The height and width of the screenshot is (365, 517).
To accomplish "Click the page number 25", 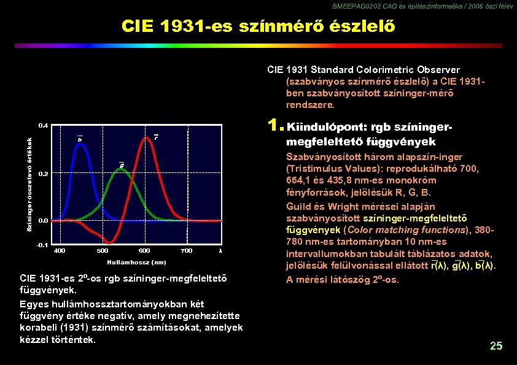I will (x=496, y=347).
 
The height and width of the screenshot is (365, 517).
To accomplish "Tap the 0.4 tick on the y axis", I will (x=43, y=125).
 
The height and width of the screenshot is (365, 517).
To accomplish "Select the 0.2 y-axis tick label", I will (x=43, y=174).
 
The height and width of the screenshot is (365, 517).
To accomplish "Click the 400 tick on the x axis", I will (x=60, y=250).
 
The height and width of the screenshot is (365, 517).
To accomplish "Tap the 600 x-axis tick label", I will (x=144, y=250).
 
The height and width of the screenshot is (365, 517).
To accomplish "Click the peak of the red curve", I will (x=146, y=138).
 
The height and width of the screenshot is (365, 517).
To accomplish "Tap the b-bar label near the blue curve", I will (x=79, y=139).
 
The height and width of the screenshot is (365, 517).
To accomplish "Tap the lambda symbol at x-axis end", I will (x=219, y=250).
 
